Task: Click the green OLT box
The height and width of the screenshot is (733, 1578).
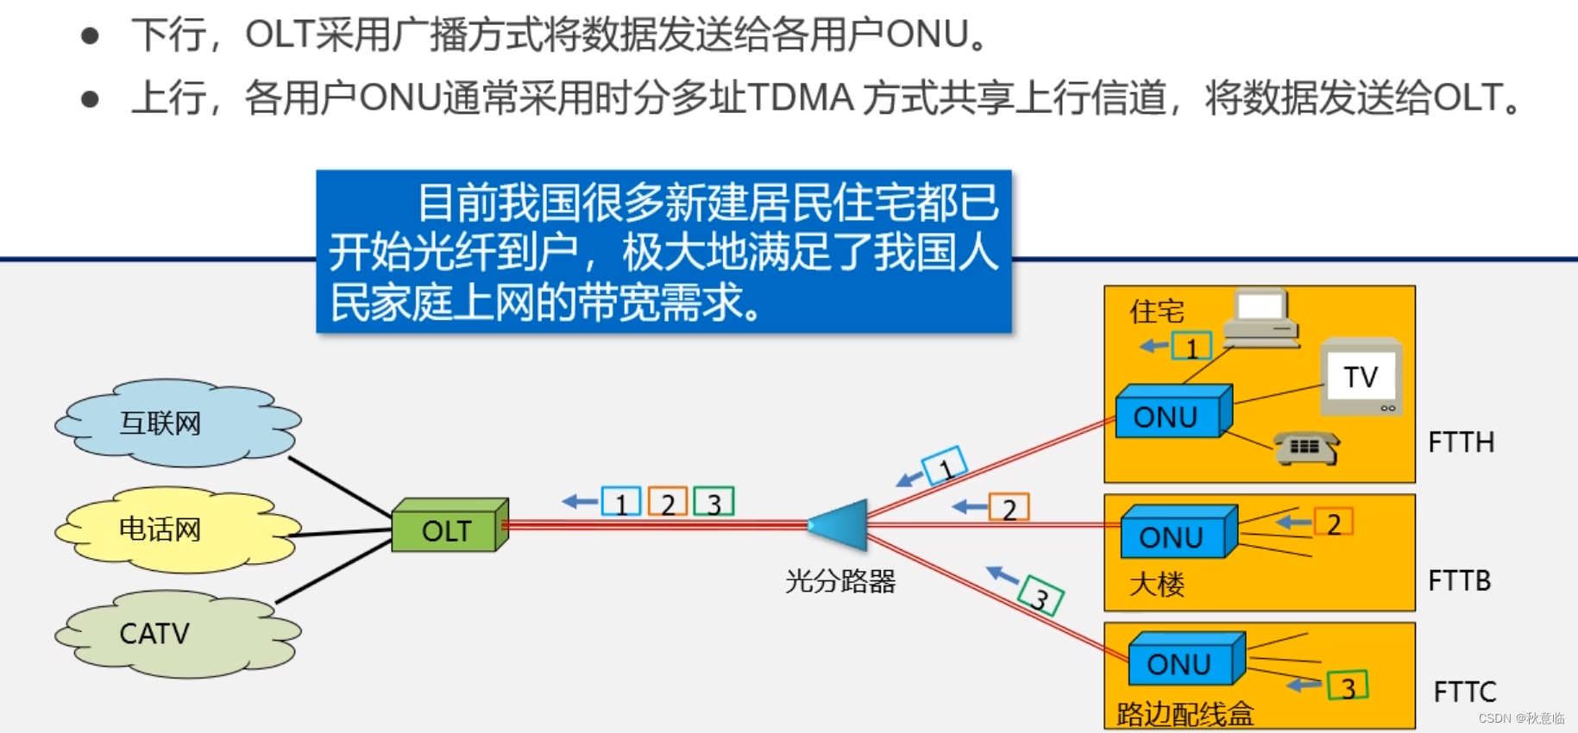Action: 450,525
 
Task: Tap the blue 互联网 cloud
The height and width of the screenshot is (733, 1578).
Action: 178,423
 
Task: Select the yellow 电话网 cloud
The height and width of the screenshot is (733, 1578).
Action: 178,529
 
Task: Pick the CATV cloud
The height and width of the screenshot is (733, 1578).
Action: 178,634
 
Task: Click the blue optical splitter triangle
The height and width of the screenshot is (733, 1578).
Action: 839,524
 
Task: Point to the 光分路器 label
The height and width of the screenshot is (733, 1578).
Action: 840,581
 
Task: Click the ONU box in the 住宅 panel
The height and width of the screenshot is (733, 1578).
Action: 1173,411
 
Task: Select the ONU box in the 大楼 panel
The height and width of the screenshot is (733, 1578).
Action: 1179,532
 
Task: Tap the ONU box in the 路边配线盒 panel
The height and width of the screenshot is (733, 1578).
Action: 1186,659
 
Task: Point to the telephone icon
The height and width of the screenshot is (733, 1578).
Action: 1307,448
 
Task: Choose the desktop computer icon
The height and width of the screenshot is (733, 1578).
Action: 1261,318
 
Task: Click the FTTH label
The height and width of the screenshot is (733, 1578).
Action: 1462,442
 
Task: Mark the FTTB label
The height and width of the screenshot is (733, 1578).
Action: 1460,580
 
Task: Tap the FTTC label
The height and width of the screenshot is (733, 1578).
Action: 1465,692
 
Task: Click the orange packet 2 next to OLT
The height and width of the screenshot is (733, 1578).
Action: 668,502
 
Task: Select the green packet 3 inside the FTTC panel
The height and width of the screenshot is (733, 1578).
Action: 1348,686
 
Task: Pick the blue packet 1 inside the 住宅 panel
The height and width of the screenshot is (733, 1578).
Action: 1191,347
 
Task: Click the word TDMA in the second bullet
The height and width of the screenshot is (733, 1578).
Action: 801,97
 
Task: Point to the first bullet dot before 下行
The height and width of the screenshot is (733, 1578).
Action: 90,35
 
